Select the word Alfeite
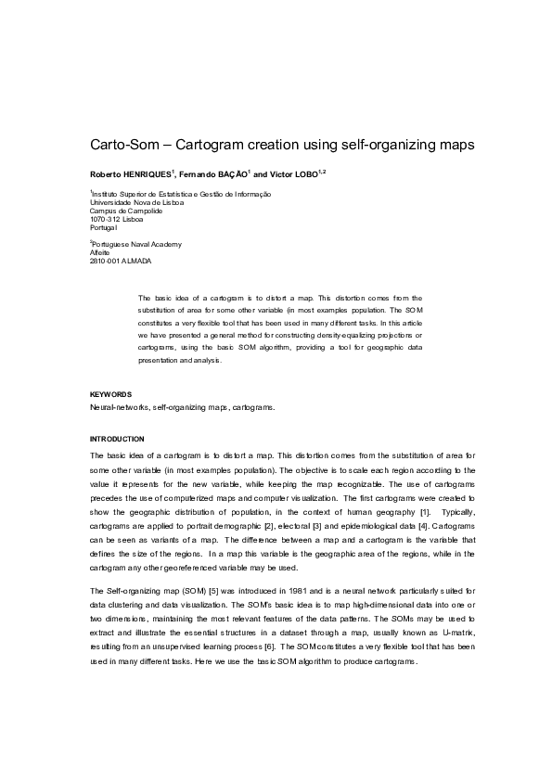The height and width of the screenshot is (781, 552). click(x=99, y=252)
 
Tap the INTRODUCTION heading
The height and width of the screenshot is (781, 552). click(x=117, y=438)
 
